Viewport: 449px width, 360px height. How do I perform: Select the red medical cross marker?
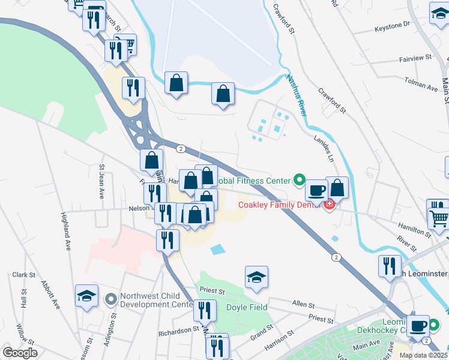329,205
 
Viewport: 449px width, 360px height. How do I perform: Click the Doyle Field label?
246,308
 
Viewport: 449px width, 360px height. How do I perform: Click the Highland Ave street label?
65,230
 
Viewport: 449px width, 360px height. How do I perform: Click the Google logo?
20,353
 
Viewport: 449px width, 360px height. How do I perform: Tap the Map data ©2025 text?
423,355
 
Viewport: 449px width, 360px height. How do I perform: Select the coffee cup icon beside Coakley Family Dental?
316,190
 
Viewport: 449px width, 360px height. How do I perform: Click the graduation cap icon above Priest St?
256,278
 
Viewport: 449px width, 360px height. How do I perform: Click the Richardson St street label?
178,329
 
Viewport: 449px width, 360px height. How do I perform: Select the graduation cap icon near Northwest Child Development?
87,296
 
